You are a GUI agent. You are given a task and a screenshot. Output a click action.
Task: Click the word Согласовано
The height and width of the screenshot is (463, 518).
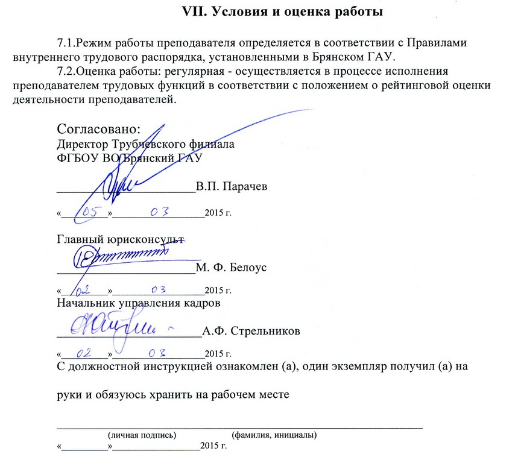pyautogui.click(x=98, y=130)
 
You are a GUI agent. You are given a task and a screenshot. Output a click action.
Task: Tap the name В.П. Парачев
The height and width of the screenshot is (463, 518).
pyautogui.click(x=232, y=186)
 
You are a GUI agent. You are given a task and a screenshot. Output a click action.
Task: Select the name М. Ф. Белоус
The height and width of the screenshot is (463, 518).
pyautogui.click(x=232, y=267)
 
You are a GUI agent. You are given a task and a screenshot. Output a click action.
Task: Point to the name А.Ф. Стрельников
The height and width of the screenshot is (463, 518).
pyautogui.click(x=251, y=331)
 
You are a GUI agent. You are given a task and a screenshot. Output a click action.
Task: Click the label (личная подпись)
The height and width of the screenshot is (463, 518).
pyautogui.click(x=142, y=435)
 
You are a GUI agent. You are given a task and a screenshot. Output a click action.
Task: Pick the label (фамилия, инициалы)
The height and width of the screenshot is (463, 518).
pyautogui.click(x=274, y=435)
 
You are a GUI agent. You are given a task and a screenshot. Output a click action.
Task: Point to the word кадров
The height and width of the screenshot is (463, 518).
pyautogui.click(x=201, y=303)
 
